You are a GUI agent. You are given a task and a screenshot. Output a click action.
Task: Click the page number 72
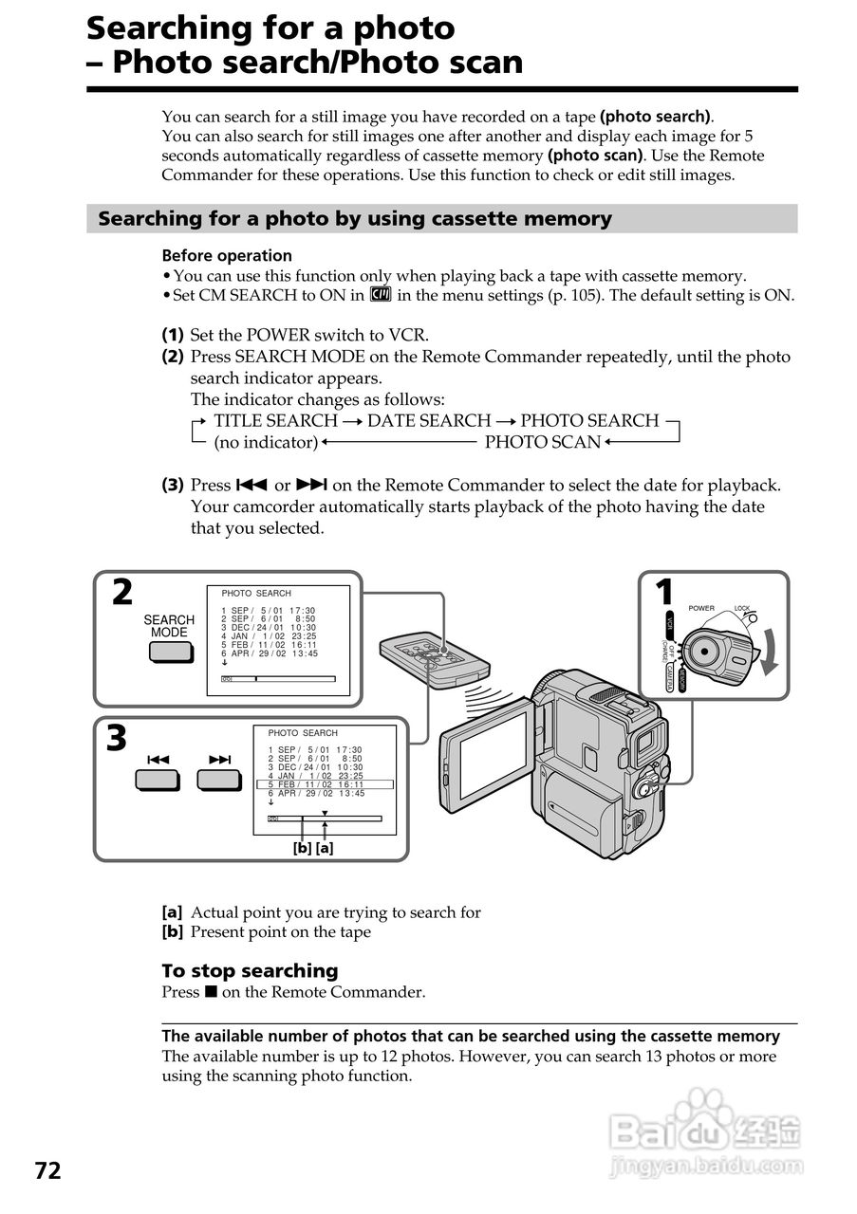pos(48,1171)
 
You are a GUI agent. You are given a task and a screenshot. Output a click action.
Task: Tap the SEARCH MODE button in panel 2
pos(169,652)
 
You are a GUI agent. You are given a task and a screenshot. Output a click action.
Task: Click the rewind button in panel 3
pos(158,780)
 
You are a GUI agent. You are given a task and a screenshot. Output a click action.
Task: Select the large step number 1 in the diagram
pos(664,593)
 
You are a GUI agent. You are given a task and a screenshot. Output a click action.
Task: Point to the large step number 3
pos(117,739)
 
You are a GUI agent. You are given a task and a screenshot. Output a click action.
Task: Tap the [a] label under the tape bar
pos(325,849)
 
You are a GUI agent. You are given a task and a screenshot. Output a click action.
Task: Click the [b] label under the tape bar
pos(302,849)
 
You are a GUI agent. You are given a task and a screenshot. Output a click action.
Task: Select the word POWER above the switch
pos(701,608)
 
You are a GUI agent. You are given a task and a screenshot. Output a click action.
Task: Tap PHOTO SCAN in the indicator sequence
pos(543,442)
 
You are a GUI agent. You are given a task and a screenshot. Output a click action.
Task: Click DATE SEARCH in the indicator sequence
pos(429,420)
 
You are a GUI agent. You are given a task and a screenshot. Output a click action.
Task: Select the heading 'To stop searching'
pos(250,970)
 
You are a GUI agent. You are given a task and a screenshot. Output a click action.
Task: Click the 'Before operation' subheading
pos(227,255)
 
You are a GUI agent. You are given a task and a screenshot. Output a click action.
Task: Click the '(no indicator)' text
pos(266,442)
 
